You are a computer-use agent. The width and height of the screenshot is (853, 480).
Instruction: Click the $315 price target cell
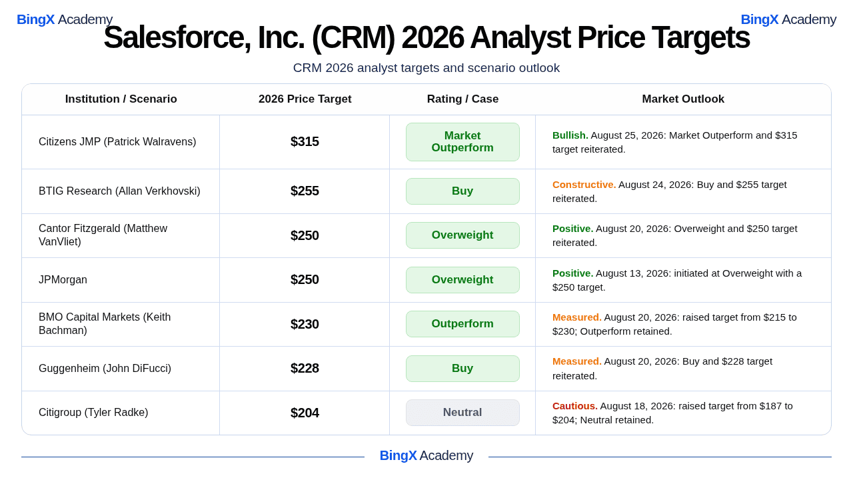point(305,142)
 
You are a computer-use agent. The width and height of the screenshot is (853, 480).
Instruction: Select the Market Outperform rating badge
point(462,142)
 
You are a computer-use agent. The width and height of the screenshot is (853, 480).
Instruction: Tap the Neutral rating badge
point(462,413)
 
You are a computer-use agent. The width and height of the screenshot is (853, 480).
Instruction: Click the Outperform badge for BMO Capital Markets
point(462,324)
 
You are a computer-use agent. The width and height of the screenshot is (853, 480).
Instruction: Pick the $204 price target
point(305,413)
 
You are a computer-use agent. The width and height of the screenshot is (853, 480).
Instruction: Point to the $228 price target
point(305,369)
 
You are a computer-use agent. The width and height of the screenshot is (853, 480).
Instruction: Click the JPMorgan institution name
point(63,279)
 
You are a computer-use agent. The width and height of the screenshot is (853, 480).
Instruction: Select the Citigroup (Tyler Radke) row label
point(93,412)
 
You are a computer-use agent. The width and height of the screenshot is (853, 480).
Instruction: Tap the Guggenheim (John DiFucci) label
point(105,369)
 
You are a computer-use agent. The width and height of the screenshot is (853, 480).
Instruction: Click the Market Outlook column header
point(683,99)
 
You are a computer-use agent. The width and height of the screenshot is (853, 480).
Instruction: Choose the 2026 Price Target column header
point(305,99)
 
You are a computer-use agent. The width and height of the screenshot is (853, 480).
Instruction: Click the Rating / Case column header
point(462,99)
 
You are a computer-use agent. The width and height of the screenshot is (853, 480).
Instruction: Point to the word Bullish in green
point(570,135)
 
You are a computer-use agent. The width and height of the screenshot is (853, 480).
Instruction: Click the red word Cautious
point(574,406)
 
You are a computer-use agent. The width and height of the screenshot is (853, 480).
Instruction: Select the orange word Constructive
point(584,185)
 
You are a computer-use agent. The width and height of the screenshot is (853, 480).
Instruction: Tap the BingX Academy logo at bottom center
point(426,455)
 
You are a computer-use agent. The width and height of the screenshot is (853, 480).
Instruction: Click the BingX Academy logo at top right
point(788,19)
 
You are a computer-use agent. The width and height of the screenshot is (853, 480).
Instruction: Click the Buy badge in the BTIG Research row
point(462,191)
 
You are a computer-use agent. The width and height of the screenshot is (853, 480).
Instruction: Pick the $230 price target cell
point(305,324)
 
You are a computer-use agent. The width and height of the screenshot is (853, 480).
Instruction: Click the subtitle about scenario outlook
point(426,68)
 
